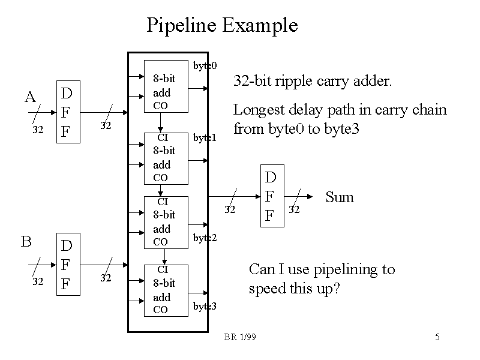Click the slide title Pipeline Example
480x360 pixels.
[x=222, y=25]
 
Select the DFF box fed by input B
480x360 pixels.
[x=67, y=264]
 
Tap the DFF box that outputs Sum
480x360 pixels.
[x=271, y=196]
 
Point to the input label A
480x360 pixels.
[x=30, y=97]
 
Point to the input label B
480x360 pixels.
[x=26, y=241]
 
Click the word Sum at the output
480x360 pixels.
[x=340, y=197]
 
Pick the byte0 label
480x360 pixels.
[x=205, y=65]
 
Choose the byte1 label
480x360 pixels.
[x=205, y=138]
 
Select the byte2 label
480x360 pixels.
[x=205, y=238]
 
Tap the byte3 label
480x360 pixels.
[x=205, y=307]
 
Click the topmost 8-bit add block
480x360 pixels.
[x=166, y=86]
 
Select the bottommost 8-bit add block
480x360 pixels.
[x=166, y=290]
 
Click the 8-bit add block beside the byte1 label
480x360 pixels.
[x=166, y=158]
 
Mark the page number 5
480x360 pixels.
[x=438, y=338]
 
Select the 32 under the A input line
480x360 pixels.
[x=37, y=129]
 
